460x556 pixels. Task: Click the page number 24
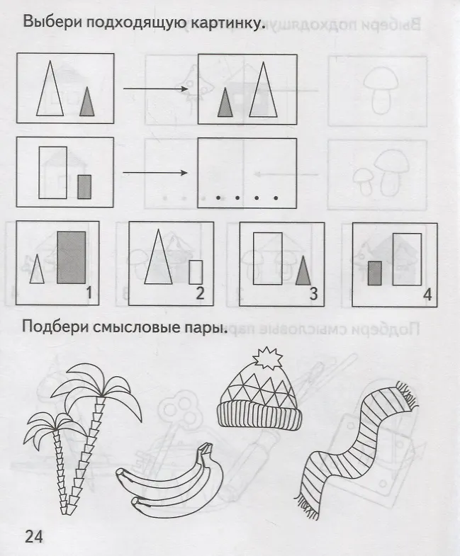(x=34, y=536)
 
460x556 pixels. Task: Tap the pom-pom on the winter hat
(x=268, y=358)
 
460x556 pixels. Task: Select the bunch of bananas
(x=170, y=481)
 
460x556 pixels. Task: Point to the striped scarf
(x=355, y=450)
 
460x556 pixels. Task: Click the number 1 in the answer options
(x=89, y=293)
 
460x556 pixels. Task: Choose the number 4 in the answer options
(x=427, y=295)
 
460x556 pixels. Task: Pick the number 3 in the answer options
(x=313, y=294)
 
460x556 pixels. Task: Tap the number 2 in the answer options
(x=200, y=293)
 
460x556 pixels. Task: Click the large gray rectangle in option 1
(x=72, y=257)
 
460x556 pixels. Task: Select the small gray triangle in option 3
(x=303, y=270)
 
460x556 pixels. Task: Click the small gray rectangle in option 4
(x=375, y=273)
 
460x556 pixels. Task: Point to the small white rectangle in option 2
(x=196, y=272)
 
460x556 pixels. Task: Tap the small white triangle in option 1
(x=37, y=268)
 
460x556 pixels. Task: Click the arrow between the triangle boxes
(x=155, y=89)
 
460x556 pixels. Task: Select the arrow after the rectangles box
(x=155, y=173)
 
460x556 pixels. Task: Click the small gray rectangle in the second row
(x=84, y=186)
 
